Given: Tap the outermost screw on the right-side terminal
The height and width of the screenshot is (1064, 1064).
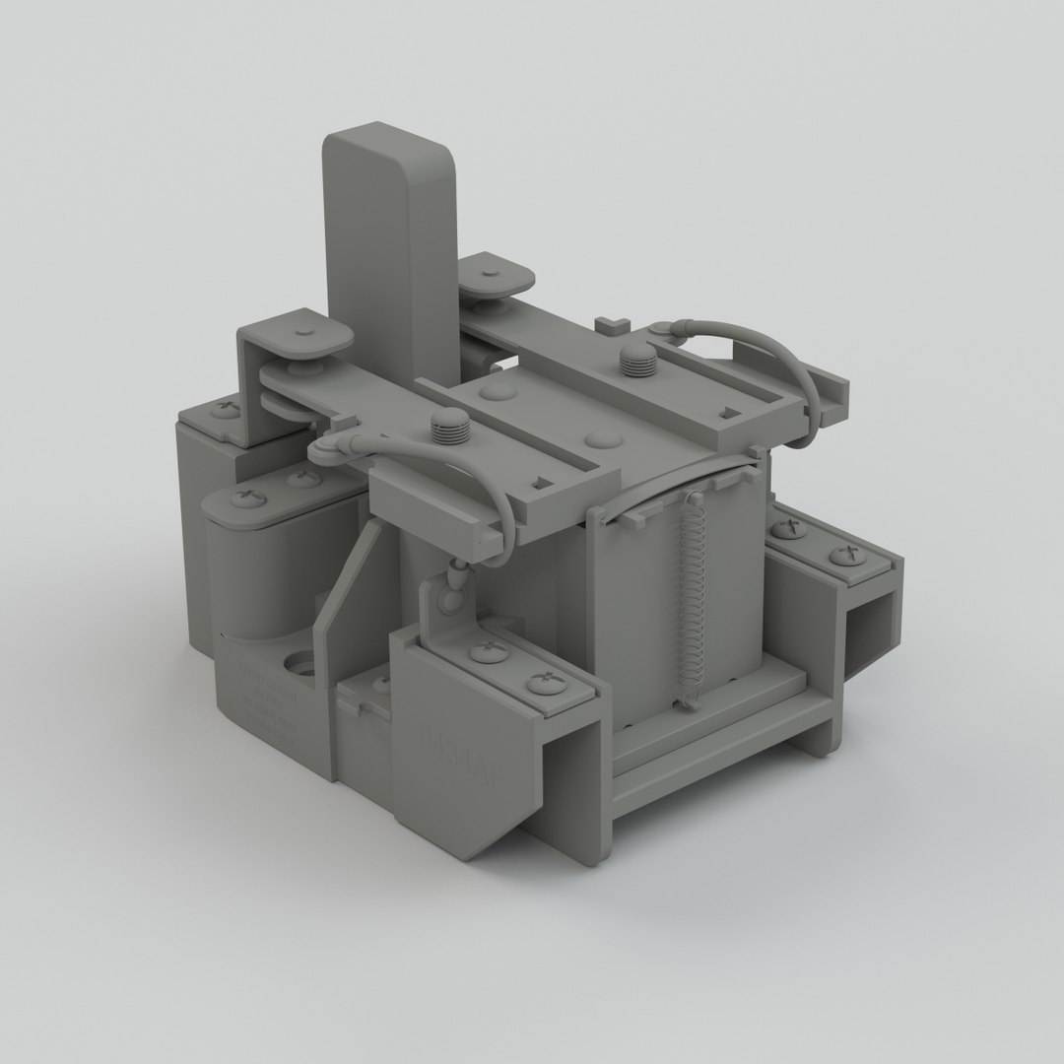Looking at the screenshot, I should pyautogui.click(x=845, y=556).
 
